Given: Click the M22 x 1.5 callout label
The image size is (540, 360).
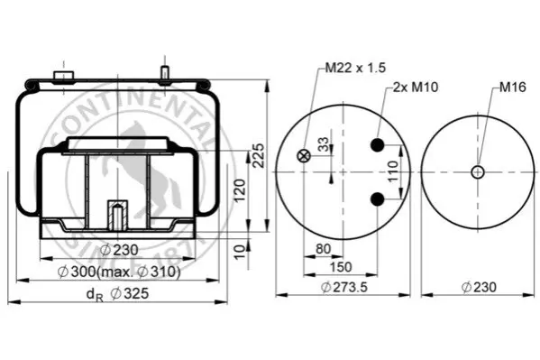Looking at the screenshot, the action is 355,68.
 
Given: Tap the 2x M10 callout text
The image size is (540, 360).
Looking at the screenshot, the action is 416,87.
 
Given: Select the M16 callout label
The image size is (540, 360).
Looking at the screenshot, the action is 513,87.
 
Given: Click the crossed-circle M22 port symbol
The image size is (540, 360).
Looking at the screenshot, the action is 304,156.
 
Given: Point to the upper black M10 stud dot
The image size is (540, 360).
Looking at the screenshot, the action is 378,145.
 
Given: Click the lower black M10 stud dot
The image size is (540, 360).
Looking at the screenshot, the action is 378,199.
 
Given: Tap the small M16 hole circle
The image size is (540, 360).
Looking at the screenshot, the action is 478,171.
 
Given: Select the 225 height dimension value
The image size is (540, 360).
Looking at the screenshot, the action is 259,155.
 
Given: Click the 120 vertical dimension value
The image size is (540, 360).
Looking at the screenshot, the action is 240,190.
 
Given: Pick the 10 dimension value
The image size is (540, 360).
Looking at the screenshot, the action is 240,252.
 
